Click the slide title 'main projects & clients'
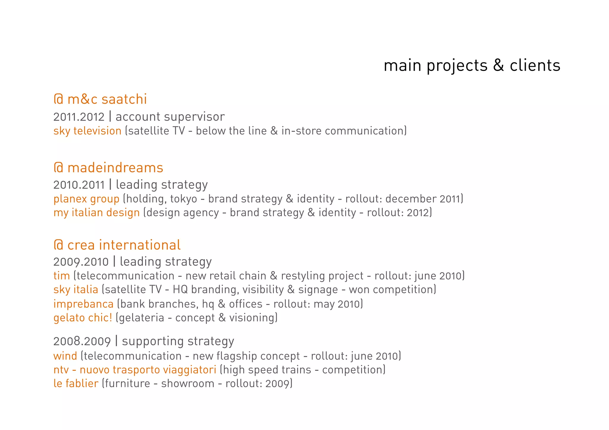tap(472, 66)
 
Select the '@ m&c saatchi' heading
tap(100, 99)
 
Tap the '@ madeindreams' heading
tap(108, 168)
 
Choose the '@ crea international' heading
tap(117, 245)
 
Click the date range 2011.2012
tap(79, 117)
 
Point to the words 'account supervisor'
tap(170, 117)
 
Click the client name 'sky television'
tap(87, 131)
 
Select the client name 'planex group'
tap(86, 199)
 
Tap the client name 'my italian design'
tap(96, 213)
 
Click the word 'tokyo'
tap(183, 199)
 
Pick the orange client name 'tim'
tap(62, 276)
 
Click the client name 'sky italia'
tap(76, 289)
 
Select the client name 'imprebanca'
tap(83, 304)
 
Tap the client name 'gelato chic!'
tap(83, 318)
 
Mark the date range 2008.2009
tap(82, 341)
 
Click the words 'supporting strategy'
tap(178, 341)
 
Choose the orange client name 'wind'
tap(65, 356)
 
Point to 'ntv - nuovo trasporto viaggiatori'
tap(135, 370)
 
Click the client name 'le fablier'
tap(76, 384)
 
